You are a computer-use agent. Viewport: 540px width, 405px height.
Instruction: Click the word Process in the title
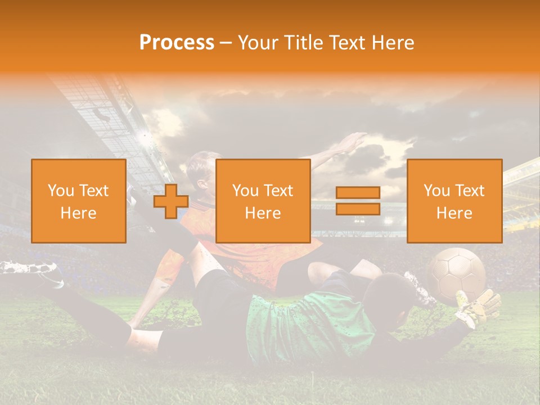pos(177,43)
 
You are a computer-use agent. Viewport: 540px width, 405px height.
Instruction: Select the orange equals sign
pos(358,201)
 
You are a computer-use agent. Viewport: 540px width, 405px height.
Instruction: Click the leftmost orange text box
pos(79,201)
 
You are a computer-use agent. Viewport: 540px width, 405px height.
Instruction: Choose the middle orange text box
pos(263,201)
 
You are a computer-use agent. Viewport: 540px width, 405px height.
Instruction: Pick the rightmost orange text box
pos(454,201)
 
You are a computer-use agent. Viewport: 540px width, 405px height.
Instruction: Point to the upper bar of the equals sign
pos(358,193)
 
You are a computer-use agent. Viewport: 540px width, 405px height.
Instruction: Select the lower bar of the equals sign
pos(358,209)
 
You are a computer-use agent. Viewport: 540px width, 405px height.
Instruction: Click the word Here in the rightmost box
pos(454,213)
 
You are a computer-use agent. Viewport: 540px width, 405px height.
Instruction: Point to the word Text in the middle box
pos(278,191)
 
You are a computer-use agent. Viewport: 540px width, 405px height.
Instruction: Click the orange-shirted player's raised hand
pos(352,142)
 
